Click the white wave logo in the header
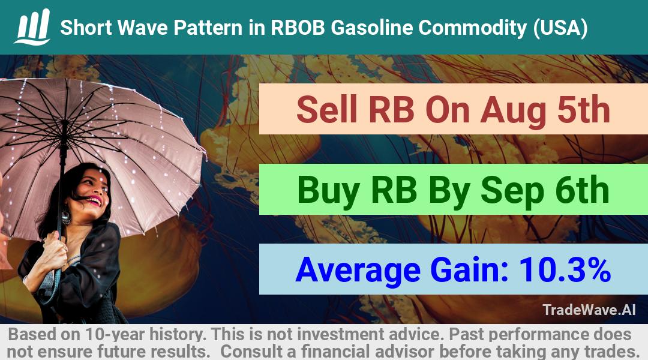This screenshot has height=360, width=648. (32, 26)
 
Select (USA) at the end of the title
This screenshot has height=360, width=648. (560, 28)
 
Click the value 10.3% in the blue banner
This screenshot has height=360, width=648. (565, 269)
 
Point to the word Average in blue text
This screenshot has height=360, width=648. (358, 271)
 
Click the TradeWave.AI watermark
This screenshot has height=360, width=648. (589, 310)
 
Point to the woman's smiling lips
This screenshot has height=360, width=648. (94, 201)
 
